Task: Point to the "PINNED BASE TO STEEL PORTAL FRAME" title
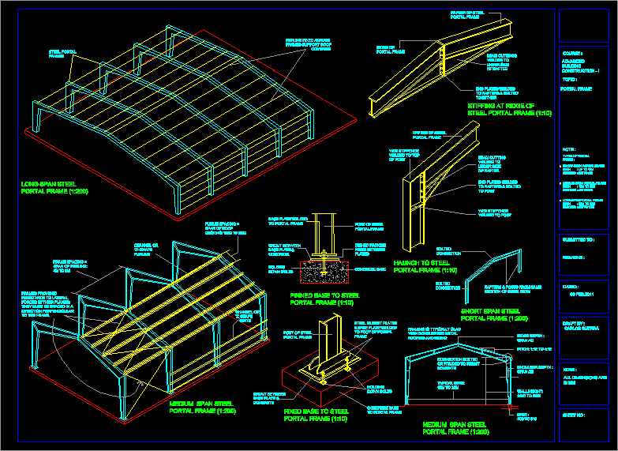tap(324, 299)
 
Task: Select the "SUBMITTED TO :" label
tap(579, 238)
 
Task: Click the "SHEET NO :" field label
tap(575, 414)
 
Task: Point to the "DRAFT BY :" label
tap(574, 323)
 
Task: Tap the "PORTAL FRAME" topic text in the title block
tap(576, 89)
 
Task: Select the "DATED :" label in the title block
tap(570, 287)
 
